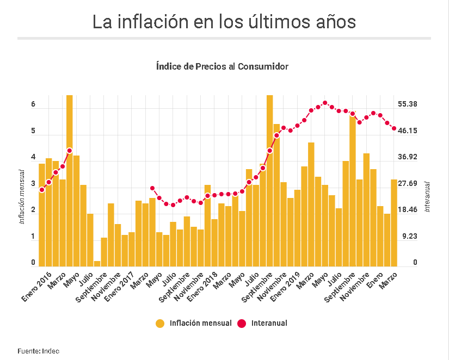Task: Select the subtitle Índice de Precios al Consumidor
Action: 222,66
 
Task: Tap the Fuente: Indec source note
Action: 38,351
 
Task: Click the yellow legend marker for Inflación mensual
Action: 159,323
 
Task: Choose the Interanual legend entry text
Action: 269,323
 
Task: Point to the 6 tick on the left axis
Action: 33,104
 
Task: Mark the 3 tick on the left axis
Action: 33,184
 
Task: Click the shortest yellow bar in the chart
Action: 97,263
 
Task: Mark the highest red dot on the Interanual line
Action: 325,103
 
